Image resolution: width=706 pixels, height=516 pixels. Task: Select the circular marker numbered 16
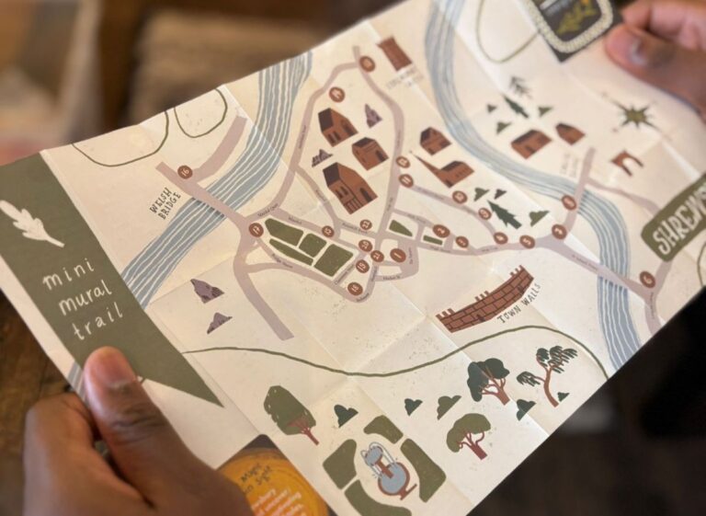point(185,171)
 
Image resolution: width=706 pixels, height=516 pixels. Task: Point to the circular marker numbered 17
point(256,229)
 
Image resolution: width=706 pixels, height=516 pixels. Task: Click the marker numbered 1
point(647,279)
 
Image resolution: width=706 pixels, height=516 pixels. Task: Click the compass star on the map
point(633,116)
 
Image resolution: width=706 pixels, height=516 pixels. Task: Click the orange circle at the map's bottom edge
point(272,482)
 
